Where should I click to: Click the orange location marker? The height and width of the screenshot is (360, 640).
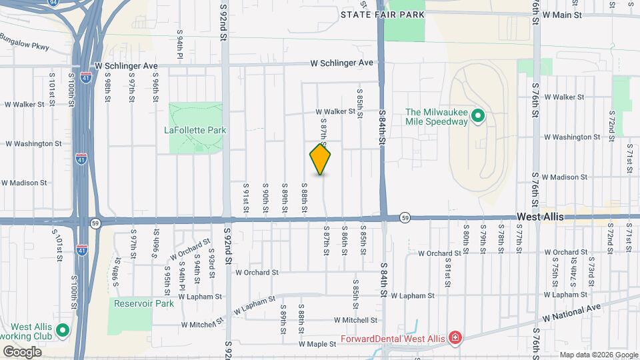coord(321,159)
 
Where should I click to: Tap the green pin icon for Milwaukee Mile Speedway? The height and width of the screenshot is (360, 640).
coord(477,117)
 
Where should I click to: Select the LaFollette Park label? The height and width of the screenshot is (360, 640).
coord(195,130)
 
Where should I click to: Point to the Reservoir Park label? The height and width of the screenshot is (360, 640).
coord(143,303)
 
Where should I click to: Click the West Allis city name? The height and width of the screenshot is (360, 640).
coord(540,217)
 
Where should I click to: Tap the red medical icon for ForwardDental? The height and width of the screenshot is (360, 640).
coord(455,338)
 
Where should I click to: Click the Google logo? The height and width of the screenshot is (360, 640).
coord(22,351)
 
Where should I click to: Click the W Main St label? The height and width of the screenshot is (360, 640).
coord(562,14)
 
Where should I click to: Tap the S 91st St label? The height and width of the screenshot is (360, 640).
coord(246,199)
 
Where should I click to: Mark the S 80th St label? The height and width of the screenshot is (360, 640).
coord(466,239)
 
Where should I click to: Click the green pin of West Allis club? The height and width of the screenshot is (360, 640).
coord(62,330)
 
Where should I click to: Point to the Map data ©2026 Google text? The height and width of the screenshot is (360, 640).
coord(597,355)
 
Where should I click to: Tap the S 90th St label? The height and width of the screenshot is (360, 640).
coord(265,199)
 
